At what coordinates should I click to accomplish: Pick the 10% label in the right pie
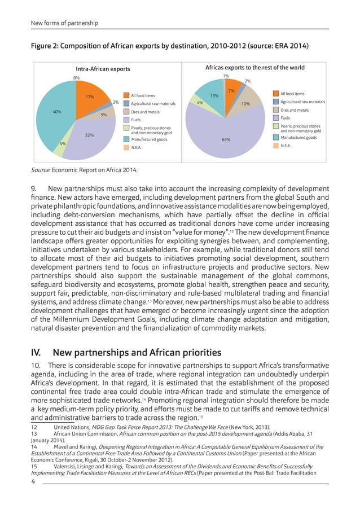[x=245, y=104]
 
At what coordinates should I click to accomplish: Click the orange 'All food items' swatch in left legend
[x=126, y=96]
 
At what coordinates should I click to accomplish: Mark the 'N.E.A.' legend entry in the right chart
[x=286, y=145]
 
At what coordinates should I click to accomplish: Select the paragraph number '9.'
[x=34, y=188]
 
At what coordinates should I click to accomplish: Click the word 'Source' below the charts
[x=41, y=169]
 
